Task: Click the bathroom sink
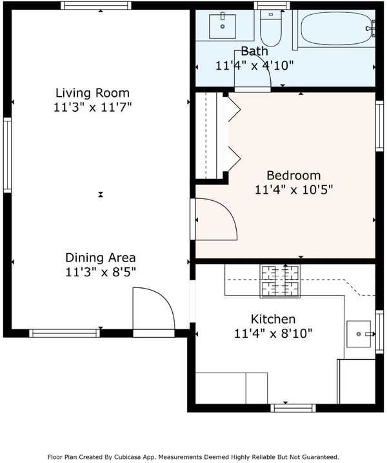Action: [223, 26]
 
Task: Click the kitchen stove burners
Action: [280, 281]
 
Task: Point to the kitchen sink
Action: [359, 334]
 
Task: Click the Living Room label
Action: [93, 93]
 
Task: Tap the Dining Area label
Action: [100, 258]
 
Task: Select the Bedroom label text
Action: [293, 176]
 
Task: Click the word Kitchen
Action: [273, 319]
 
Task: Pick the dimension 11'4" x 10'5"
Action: [293, 190]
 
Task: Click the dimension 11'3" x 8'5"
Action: [100, 273]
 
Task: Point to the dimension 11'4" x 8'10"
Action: [273, 334]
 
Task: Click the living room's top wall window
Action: [96, 6]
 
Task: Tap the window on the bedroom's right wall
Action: [379, 126]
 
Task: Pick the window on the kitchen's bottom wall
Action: [293, 408]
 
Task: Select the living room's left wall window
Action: [7, 155]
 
